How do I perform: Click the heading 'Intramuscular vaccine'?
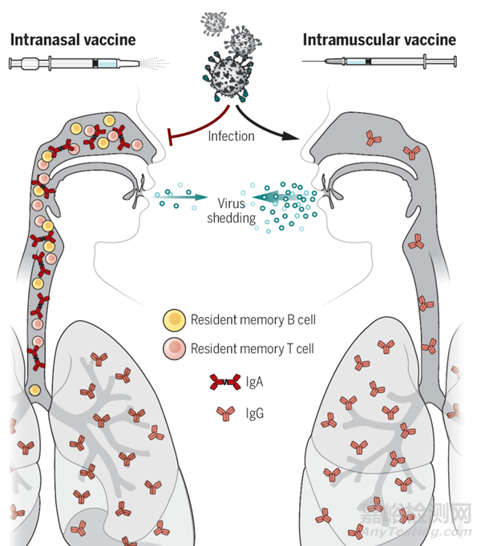pyautogui.click(x=379, y=39)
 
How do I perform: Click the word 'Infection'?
pyautogui.click(x=231, y=136)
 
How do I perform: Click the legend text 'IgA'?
pyautogui.click(x=257, y=383)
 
